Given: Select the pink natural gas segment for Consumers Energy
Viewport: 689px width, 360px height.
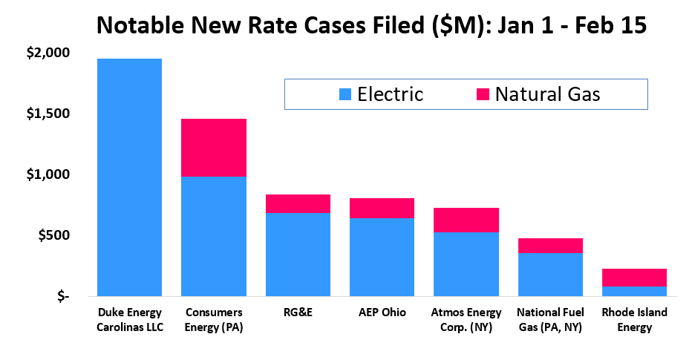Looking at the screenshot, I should [214, 147].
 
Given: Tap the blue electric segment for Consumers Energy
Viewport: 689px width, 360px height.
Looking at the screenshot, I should [214, 236].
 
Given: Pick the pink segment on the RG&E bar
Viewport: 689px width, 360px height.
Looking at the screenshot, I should [298, 203].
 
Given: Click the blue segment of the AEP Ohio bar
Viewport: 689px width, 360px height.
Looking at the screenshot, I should [382, 257].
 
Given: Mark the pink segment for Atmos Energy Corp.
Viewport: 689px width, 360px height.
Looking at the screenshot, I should [466, 220].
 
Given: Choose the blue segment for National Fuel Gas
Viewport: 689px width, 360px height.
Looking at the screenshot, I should [550, 275].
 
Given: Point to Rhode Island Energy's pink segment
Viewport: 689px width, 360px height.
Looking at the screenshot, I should [634, 278].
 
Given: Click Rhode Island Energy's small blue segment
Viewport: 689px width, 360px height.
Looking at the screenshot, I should [634, 291].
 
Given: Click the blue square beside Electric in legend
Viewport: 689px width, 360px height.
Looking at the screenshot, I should [345, 94].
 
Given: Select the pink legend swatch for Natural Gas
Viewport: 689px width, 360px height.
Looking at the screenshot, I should [482, 94].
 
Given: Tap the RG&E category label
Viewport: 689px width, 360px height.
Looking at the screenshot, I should [298, 312].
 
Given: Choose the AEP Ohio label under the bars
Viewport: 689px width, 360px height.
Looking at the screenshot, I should [382, 312].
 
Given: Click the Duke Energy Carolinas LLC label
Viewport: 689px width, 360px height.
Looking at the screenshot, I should [129, 319].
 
